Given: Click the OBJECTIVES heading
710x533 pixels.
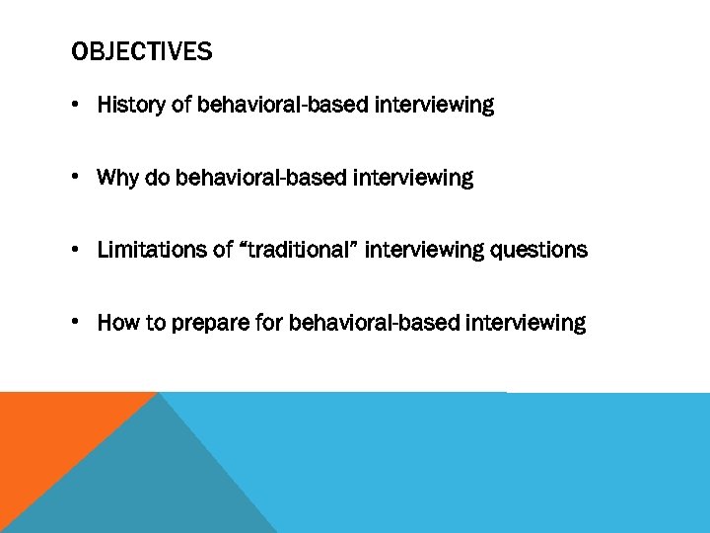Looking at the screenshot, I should click(141, 51).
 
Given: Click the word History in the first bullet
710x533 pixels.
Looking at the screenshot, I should click(132, 105).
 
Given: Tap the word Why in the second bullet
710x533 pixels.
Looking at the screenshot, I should click(117, 178).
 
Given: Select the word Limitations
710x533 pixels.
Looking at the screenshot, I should click(153, 250).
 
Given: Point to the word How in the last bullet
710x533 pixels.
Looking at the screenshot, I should click(117, 323).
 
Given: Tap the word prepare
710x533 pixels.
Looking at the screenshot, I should click(210, 324).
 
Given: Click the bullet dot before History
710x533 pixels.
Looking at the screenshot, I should click(77, 106).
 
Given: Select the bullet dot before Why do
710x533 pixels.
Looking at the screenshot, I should click(77, 179).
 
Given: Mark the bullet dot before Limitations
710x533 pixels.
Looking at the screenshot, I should click(77, 251).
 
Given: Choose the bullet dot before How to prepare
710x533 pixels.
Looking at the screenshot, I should click(77, 324).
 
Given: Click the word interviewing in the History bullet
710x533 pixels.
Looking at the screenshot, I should click(434, 105).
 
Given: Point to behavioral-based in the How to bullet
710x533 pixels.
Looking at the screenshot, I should click(374, 323).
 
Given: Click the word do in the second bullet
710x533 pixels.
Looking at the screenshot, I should click(157, 178).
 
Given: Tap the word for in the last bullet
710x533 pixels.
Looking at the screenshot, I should click(269, 323).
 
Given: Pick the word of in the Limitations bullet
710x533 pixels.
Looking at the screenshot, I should click(223, 250).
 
